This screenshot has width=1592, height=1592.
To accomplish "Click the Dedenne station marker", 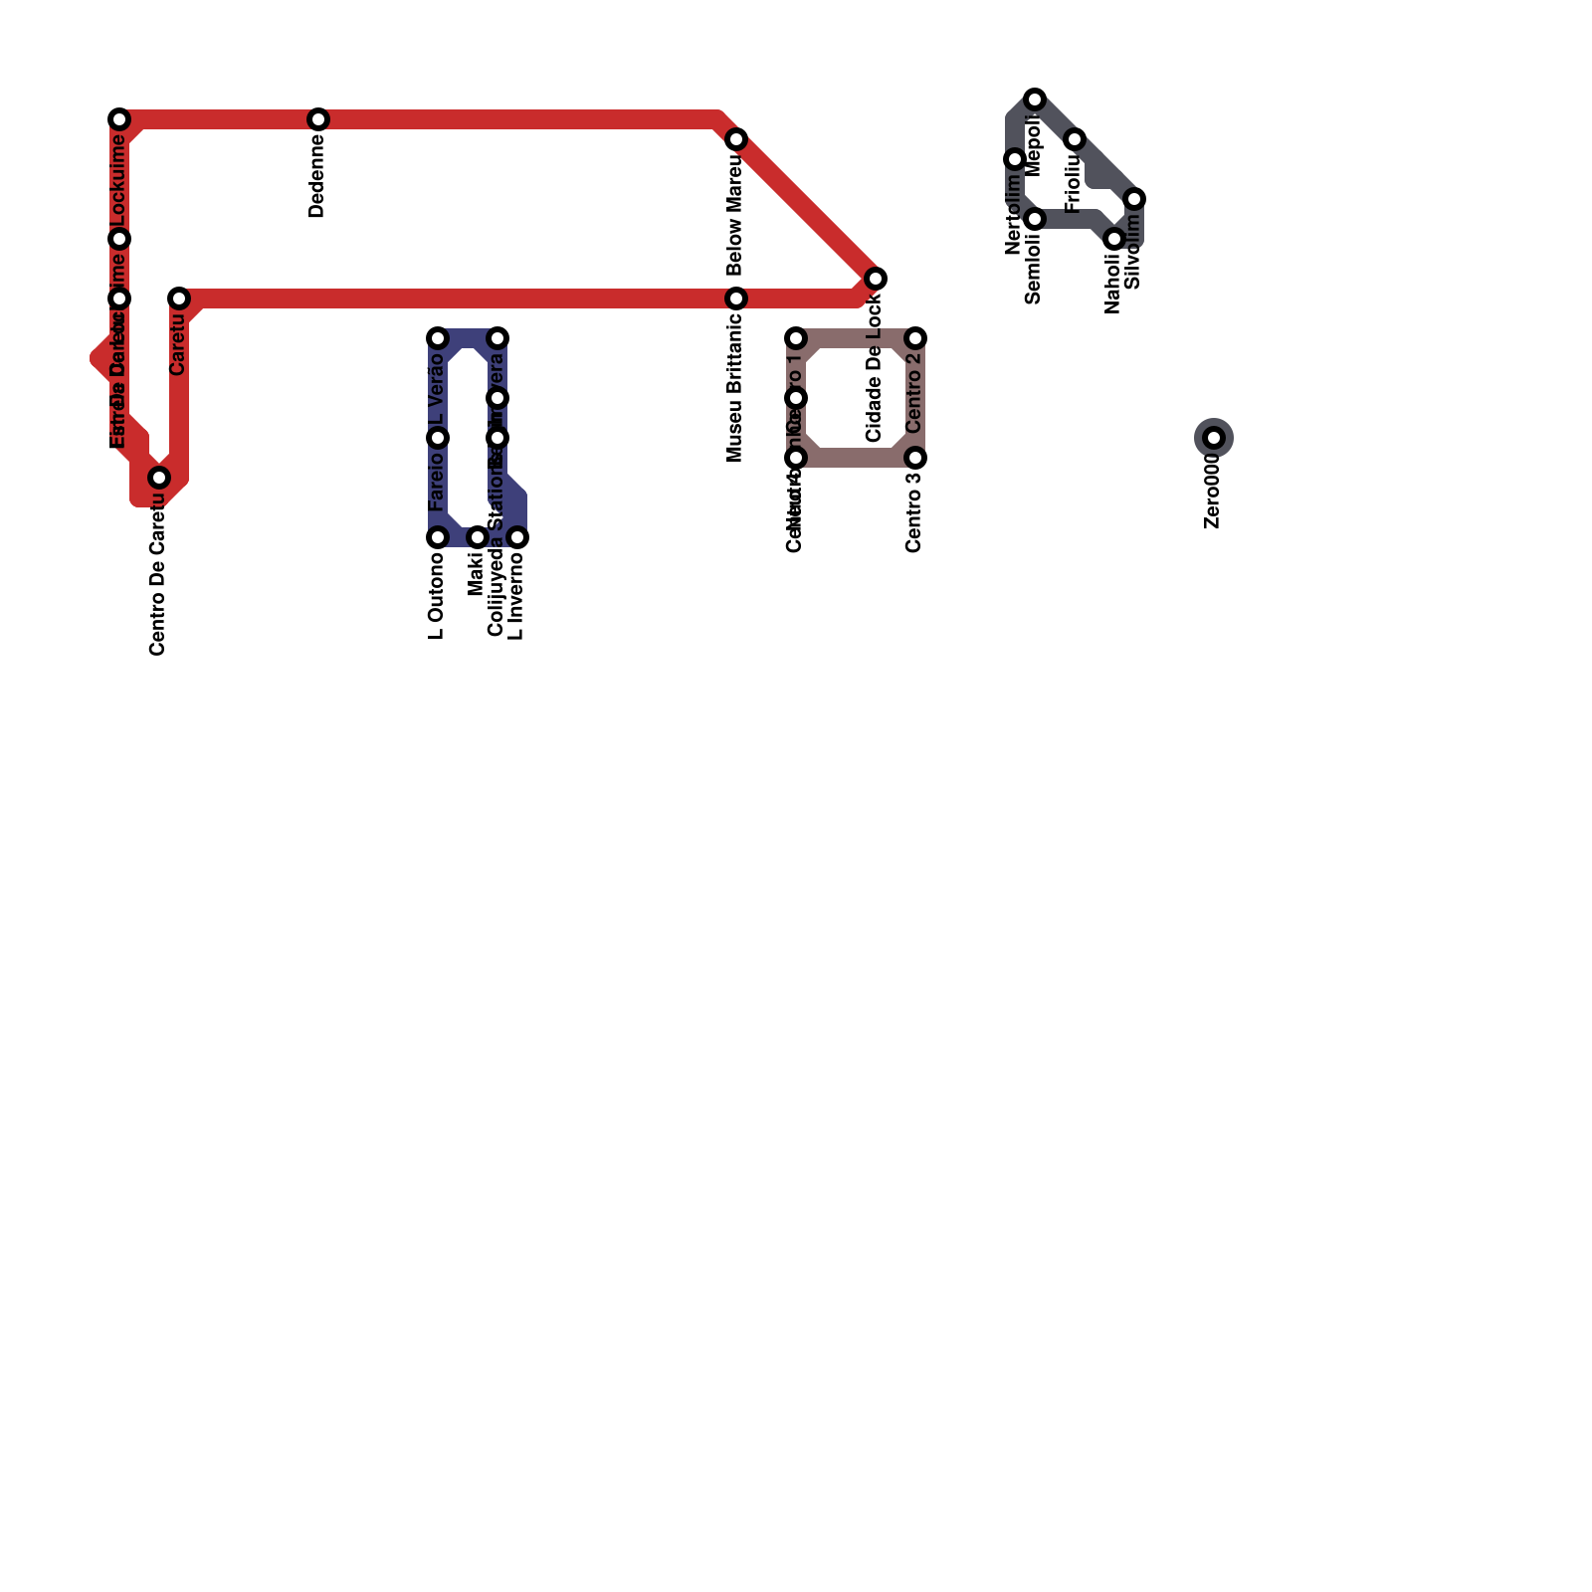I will click(x=318, y=119).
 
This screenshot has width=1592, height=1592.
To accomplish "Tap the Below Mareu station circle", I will click(x=736, y=139).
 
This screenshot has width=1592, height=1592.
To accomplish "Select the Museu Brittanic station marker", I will click(x=736, y=298).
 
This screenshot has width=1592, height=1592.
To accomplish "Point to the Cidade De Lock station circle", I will click(x=876, y=279).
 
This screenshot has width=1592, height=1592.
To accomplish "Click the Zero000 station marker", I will click(x=1214, y=438).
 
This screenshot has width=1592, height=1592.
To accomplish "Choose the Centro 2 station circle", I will click(x=915, y=338).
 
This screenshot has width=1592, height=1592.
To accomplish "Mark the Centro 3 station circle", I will click(x=915, y=458).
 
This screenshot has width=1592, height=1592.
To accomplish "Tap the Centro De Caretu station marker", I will click(x=159, y=478).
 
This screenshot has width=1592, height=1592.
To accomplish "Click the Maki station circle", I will click(x=478, y=537).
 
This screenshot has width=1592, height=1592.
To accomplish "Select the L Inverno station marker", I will click(x=517, y=537).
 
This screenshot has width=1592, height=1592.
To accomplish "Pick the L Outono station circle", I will click(x=438, y=537).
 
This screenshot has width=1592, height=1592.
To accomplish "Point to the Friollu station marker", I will click(x=1075, y=139).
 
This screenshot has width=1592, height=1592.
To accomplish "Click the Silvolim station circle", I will click(x=1134, y=199).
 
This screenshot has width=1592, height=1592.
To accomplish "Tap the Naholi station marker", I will click(x=1114, y=239).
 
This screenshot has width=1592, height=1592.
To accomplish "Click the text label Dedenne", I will click(x=317, y=176).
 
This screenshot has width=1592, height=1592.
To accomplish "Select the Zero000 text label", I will click(x=1212, y=492).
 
